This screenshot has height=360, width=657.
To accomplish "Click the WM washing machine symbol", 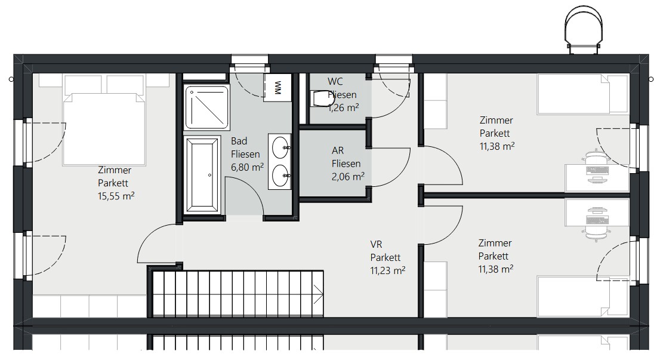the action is [x=277, y=87].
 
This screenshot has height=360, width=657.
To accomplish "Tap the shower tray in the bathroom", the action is [x=207, y=107].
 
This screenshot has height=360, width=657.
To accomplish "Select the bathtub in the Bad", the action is [x=202, y=175].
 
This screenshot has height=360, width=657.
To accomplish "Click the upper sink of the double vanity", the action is [x=280, y=147].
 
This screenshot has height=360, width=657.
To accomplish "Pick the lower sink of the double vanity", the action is [x=280, y=175].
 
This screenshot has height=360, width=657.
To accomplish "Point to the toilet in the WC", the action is [x=320, y=99].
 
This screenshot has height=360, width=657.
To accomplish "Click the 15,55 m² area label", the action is [x=116, y=196].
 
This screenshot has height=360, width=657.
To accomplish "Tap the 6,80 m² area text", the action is [x=247, y=167].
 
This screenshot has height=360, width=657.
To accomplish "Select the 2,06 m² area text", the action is [x=348, y=177].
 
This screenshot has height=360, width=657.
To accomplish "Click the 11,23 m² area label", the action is [x=388, y=270].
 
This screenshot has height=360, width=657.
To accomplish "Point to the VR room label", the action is [x=376, y=244].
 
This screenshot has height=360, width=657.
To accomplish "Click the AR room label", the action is [x=338, y=150].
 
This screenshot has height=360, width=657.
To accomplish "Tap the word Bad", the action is [x=239, y=141].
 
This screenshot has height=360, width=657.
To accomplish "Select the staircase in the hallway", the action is [x=236, y=293].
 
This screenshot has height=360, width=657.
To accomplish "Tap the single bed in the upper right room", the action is [x=583, y=94].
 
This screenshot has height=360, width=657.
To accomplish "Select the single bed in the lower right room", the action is [x=583, y=296].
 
